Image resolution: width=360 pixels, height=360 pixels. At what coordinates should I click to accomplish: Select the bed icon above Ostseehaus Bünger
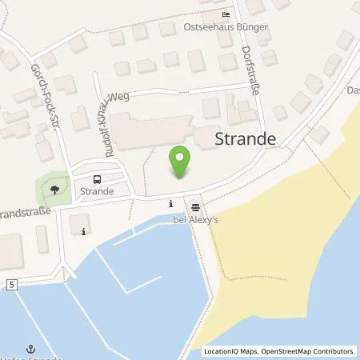pyautogui.click(x=226, y=15)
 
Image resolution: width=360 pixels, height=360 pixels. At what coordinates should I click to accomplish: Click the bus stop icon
pyautogui.click(x=97, y=179)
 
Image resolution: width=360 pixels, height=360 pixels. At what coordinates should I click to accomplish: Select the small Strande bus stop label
pyautogui.click(x=96, y=192)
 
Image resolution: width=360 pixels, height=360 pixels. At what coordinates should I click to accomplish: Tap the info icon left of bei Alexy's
pyautogui.click(x=170, y=204)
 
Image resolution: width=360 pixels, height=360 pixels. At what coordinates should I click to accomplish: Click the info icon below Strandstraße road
pyautogui.click(x=85, y=232)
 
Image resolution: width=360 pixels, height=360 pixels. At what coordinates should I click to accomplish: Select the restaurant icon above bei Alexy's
pyautogui.click(x=194, y=205)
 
